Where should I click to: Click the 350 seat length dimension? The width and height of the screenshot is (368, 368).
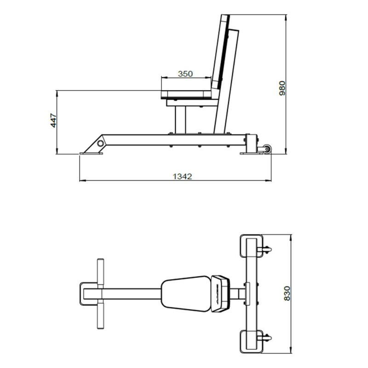coord(185,74)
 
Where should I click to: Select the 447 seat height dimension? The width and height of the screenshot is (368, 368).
coord(54,121)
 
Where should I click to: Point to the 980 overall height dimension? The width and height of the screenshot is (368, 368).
coord(282,87)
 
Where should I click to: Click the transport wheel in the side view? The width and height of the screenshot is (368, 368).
coord(266,149)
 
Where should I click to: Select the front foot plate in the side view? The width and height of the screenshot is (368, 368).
coord(91,153)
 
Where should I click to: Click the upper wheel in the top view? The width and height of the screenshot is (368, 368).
coord(267,249)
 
